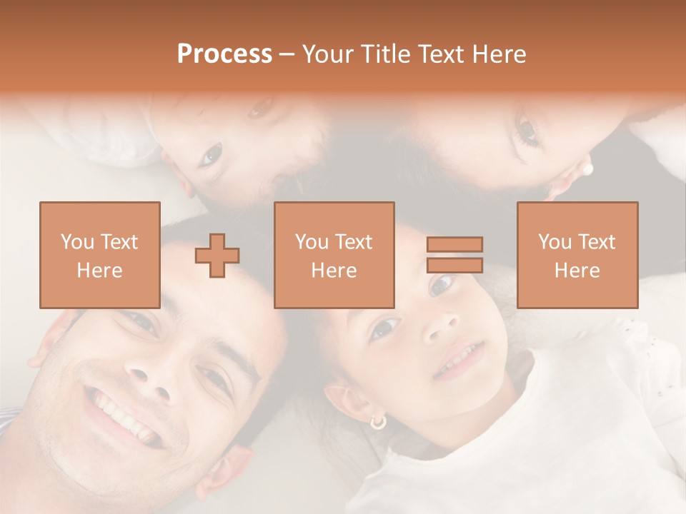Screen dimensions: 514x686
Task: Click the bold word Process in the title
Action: point(224,54)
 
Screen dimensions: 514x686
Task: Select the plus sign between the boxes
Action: point(217,255)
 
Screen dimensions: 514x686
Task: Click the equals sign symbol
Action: point(454,255)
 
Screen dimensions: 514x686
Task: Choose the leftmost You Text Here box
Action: point(99,255)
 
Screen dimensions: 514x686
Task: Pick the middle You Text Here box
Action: point(334,255)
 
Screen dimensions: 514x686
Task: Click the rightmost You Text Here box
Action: point(577,255)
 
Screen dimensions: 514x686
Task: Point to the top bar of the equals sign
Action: point(454,244)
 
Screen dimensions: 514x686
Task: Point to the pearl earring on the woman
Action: point(588,169)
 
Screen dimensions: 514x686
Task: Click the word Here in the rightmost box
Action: point(577,271)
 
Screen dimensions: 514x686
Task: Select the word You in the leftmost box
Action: point(76,242)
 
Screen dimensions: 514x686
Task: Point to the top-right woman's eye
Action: point(527,130)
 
